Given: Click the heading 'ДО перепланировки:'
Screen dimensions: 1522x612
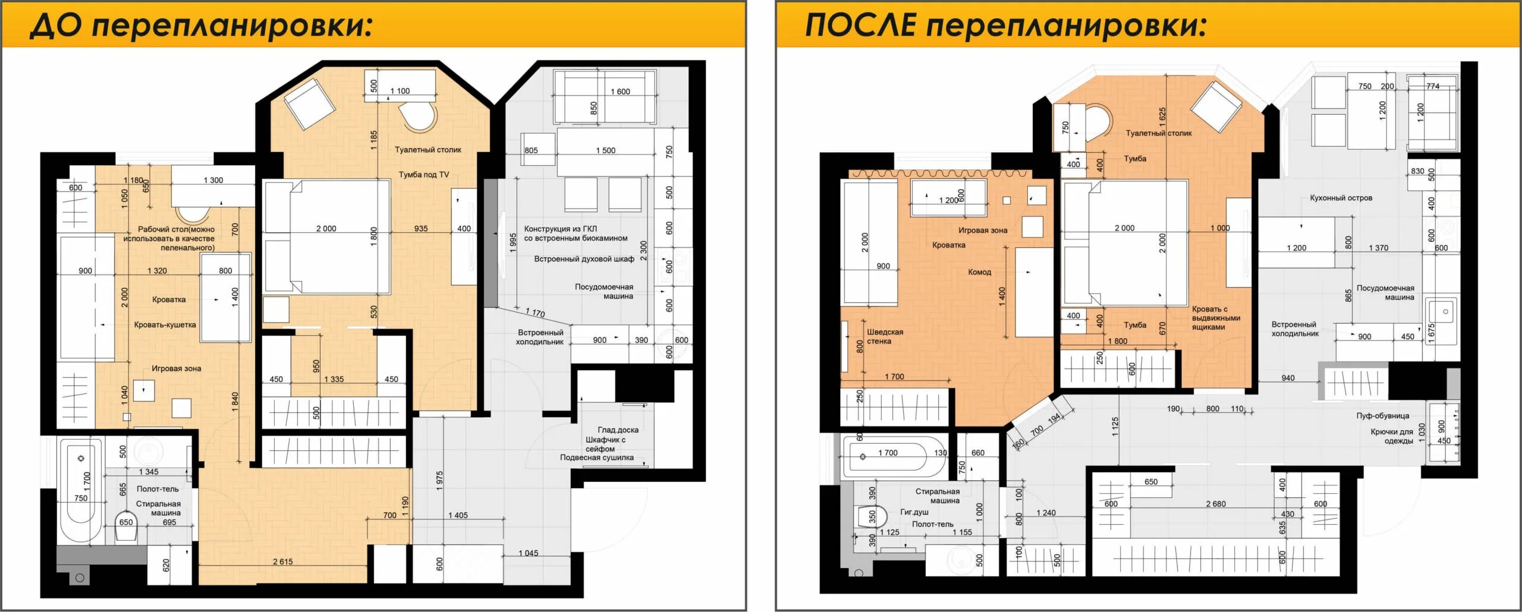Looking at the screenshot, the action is click(x=201, y=26).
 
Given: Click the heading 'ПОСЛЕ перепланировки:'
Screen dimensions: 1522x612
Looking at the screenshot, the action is click(x=1006, y=26).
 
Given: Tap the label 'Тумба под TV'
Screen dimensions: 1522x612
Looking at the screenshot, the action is click(x=424, y=175).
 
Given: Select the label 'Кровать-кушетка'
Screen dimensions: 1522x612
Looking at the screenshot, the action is click(x=165, y=325).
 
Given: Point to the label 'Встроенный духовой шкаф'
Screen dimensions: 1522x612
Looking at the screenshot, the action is click(x=584, y=259).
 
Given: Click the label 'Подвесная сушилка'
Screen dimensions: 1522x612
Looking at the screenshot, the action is click(x=596, y=458).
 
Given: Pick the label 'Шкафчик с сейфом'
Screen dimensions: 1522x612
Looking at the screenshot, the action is click(x=605, y=444).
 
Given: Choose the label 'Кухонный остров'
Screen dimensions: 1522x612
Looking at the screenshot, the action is click(x=1341, y=198).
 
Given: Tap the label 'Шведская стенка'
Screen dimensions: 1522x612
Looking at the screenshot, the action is click(x=885, y=336).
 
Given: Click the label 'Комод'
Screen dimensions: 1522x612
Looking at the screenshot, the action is click(x=979, y=272).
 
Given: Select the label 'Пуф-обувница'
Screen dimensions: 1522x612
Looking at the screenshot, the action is click(x=1382, y=416).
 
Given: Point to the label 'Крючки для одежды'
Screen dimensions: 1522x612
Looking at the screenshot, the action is click(x=1392, y=436).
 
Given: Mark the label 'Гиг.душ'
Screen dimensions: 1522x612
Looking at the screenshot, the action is click(x=914, y=512).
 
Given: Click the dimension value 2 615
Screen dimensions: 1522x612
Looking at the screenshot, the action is click(x=282, y=561).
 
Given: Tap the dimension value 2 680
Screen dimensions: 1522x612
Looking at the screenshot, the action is click(x=1216, y=504).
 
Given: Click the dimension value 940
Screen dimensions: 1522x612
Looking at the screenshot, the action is click(x=1288, y=378).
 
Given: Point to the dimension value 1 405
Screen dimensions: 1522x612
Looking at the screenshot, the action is click(x=458, y=515).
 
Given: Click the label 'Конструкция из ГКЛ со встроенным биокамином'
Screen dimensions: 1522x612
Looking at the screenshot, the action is click(x=576, y=234).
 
